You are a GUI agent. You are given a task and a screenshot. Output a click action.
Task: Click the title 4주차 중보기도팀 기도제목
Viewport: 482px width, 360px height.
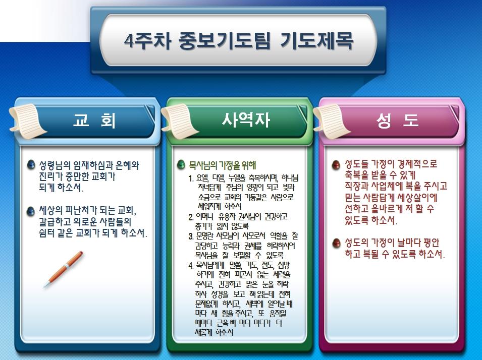239,40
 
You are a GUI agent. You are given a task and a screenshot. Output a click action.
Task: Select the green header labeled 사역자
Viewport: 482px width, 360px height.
246,120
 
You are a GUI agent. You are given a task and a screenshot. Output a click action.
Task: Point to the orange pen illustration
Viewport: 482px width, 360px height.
63,269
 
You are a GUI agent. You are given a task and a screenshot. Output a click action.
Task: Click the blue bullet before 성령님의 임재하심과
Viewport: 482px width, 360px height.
31,165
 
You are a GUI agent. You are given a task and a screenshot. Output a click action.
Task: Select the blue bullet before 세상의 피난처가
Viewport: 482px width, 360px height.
31,211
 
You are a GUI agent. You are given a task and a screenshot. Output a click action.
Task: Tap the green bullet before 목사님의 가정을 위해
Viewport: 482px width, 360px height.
181,165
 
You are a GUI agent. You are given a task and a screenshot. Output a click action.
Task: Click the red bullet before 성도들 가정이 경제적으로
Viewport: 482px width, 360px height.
336,165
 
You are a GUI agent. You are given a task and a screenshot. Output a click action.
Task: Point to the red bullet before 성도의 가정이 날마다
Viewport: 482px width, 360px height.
336,243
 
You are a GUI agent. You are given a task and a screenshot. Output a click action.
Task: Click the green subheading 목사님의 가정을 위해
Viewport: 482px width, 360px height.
223,165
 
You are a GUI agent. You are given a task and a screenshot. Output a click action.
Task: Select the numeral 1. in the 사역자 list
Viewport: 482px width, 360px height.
191,178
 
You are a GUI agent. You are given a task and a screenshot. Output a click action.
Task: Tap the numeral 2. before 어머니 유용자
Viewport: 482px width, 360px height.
191,217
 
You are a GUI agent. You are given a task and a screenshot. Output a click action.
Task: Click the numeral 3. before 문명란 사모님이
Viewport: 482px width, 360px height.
191,236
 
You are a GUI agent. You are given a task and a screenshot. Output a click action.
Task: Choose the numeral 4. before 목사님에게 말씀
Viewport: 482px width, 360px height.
191,265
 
